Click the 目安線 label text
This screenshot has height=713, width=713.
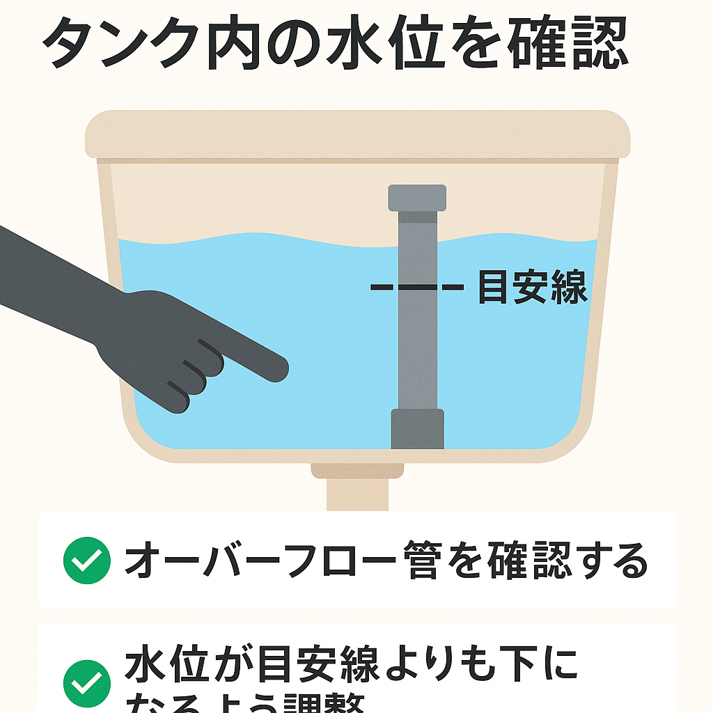click(x=532, y=287)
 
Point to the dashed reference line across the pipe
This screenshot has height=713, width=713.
click(x=416, y=286)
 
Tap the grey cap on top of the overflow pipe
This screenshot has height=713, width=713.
click(x=417, y=197)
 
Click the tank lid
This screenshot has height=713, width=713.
click(x=357, y=134)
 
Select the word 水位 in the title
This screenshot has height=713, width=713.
click(x=387, y=43)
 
